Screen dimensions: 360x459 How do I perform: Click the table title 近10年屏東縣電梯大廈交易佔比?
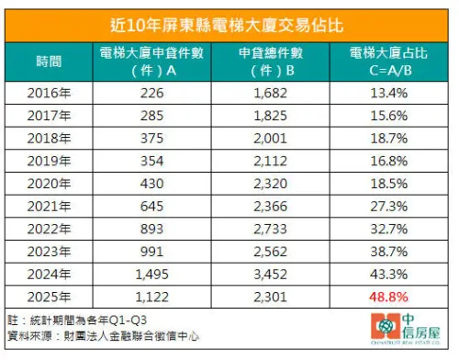coord(229,21)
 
